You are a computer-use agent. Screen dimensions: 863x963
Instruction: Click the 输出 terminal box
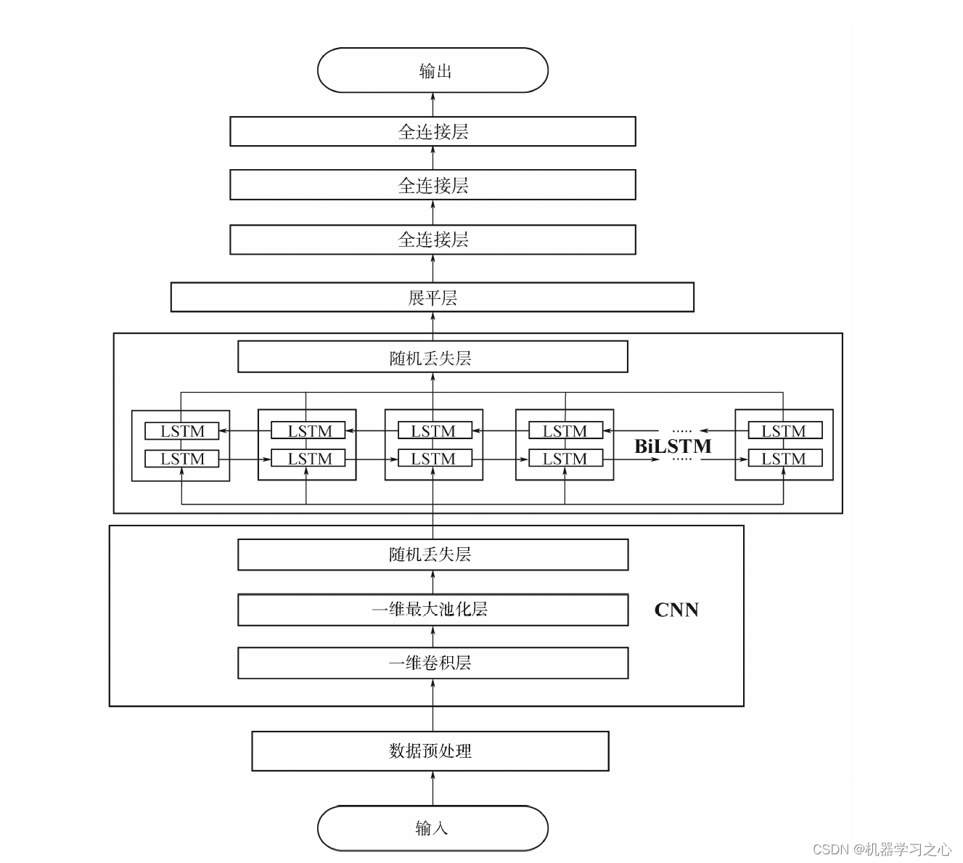tap(433, 70)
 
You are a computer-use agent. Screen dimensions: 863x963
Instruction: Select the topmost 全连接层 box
tap(433, 131)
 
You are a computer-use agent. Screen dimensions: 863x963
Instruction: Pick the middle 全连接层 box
tap(433, 185)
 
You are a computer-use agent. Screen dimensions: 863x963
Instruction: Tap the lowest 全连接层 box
tap(433, 240)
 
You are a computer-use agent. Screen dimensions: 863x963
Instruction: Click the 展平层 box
tap(433, 298)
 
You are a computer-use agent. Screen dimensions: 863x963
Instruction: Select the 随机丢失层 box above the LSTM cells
tap(433, 358)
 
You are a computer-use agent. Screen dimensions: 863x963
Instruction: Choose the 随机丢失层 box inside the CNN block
tap(433, 555)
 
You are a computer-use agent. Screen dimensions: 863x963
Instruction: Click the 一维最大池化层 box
tap(433, 609)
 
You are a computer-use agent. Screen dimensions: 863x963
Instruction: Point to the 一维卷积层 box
tap(433, 663)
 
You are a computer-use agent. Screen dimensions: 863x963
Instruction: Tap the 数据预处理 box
tap(430, 750)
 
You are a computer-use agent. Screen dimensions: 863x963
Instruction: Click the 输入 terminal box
tap(433, 828)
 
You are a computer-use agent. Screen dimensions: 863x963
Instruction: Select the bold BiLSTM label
tap(673, 446)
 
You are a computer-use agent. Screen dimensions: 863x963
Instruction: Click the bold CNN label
tap(676, 610)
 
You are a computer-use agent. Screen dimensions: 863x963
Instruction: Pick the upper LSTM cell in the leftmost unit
tap(181, 431)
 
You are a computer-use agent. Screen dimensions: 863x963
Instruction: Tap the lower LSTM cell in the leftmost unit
tap(181, 459)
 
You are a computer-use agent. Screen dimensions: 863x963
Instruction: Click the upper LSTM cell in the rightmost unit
tap(784, 431)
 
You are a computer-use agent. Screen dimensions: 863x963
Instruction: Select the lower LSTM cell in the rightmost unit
tap(784, 459)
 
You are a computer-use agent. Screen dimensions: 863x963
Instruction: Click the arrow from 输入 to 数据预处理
tap(433, 788)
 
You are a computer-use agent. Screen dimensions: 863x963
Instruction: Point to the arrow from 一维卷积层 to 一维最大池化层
tap(433, 637)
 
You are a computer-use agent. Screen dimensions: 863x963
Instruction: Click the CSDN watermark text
tap(882, 849)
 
